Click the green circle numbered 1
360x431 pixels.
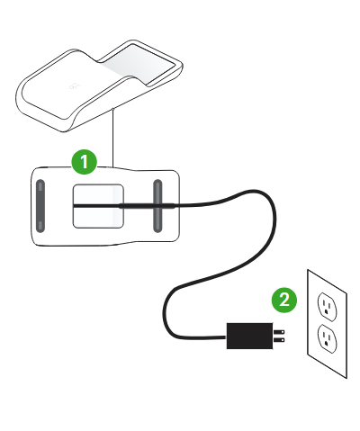85,162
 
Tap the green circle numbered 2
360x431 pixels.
284,300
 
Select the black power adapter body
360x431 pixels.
249,336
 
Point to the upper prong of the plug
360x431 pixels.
279,332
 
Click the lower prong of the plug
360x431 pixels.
279,340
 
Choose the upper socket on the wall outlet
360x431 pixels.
327,307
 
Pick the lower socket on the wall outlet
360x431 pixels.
327,338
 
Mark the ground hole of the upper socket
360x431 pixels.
326,313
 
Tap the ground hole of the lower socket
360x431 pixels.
326,345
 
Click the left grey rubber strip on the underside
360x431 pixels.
40,206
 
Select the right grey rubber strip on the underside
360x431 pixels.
157,206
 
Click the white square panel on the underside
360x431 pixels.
98,206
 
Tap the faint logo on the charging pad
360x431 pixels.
75,87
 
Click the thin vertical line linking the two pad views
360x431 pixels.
112,138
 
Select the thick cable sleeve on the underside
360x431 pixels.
148,205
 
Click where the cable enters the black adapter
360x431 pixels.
227,337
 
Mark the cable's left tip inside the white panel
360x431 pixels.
74,205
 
